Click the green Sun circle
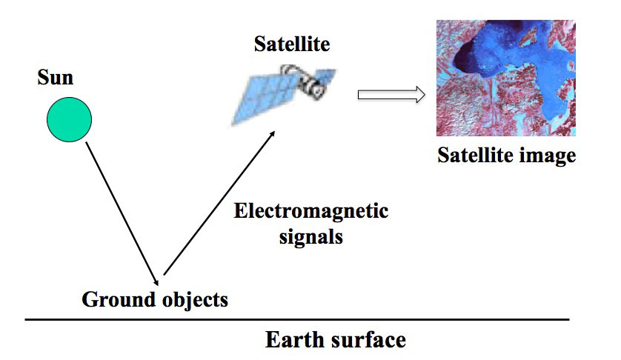[x=70, y=119]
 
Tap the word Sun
[x=56, y=77]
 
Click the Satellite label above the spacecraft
[x=292, y=44]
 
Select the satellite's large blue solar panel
[x=265, y=99]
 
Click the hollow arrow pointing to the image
[x=391, y=95]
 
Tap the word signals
[x=311, y=238]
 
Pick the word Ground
[x=118, y=299]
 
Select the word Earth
[x=294, y=340]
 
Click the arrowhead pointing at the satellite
[x=272, y=134]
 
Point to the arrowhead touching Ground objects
[x=156, y=282]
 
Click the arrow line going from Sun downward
[x=122, y=214]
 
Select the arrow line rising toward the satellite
[x=219, y=202]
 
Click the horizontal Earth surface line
[x=297, y=319]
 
